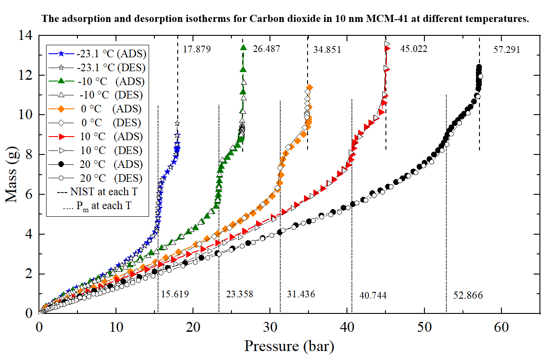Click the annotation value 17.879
(197, 49)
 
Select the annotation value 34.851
(327, 50)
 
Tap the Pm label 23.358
(239, 295)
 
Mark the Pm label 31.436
(301, 295)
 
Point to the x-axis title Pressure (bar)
(289, 346)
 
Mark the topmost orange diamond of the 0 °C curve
(309, 87)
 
